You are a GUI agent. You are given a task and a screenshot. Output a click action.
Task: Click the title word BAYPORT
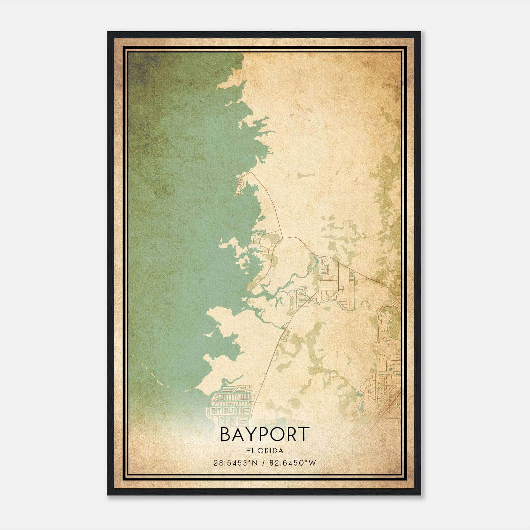[x=265, y=434]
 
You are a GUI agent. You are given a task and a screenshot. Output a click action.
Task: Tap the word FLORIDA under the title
[x=265, y=451]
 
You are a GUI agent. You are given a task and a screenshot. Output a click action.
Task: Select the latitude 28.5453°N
[x=235, y=463]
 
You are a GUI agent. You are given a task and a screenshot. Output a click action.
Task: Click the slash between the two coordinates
[x=263, y=463]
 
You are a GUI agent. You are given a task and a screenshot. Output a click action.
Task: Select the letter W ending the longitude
[x=313, y=463]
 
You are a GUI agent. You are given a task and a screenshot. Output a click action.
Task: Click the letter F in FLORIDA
[x=248, y=451]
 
